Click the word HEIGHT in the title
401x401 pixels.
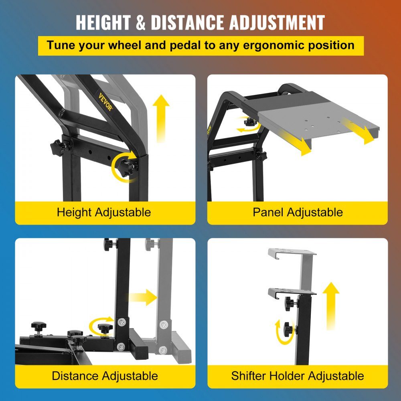[103, 22]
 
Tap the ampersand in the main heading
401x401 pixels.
[140, 22]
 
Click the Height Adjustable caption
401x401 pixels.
[104, 212]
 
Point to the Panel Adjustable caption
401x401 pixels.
[298, 212]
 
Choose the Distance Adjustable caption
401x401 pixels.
[105, 376]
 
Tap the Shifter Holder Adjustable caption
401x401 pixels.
[298, 376]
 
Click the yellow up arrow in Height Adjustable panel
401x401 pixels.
[161, 119]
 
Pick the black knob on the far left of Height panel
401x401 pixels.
[58, 148]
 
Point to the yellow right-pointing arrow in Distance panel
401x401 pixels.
[143, 298]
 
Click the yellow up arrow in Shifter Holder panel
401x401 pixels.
[331, 306]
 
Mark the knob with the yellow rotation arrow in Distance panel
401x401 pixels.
[105, 328]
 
